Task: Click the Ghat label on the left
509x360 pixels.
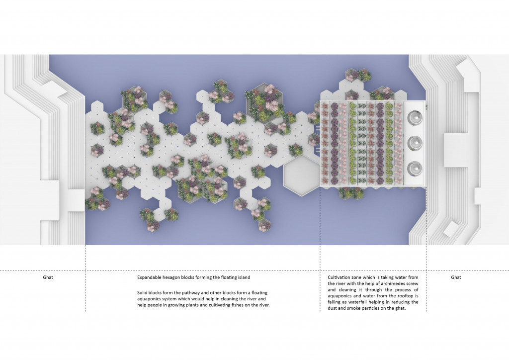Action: tap(48, 277)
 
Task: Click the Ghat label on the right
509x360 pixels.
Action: tap(456, 277)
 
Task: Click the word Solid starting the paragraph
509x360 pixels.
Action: tap(143, 292)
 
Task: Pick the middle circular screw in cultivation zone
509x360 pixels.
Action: tap(414, 143)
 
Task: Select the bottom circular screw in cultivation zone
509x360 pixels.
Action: tap(414, 168)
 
